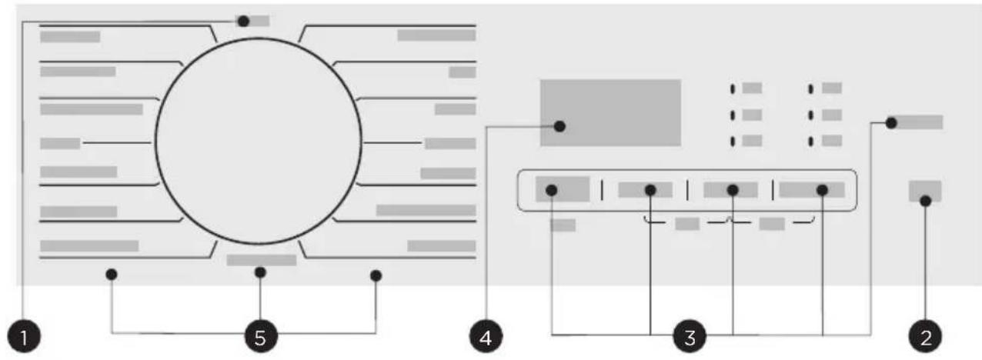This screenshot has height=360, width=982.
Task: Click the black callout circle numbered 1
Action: click(24, 336)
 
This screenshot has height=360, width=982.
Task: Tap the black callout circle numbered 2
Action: click(926, 336)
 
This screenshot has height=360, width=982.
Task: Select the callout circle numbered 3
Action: click(690, 336)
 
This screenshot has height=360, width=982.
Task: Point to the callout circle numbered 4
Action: click(486, 336)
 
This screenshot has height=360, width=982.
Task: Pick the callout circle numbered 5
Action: click(260, 336)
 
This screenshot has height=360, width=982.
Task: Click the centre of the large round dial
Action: click(259, 141)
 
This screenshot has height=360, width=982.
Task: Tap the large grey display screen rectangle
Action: click(610, 112)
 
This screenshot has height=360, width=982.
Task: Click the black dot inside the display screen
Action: click(559, 127)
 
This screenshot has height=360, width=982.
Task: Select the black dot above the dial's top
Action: click(243, 21)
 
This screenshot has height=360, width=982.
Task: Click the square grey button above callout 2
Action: click(925, 191)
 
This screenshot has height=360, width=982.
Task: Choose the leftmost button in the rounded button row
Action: click(562, 189)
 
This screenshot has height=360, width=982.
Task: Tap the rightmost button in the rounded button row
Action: click(811, 190)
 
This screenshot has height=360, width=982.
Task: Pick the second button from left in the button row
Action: click(645, 190)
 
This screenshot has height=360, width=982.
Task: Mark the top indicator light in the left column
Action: click(733, 89)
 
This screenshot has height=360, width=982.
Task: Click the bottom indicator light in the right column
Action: click(810, 142)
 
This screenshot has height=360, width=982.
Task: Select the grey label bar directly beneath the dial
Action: click(262, 260)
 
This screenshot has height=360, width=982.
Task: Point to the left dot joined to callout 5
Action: click(112, 275)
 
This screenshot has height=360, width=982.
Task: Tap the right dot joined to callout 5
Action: click(376, 275)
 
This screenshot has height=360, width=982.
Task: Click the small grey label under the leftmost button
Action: click(563, 225)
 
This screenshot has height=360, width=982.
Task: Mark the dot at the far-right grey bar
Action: click(891, 122)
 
